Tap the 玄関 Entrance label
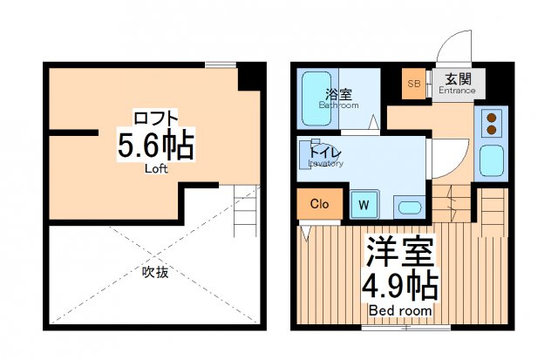[x=455, y=84]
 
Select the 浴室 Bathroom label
[x=338, y=97]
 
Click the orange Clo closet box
[x=319, y=205]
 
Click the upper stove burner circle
[x=491, y=117]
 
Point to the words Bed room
[x=398, y=310]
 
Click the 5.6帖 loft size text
[x=155, y=145]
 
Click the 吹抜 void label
[x=154, y=271]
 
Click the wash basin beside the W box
[x=407, y=206]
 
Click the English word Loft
[x=155, y=168]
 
